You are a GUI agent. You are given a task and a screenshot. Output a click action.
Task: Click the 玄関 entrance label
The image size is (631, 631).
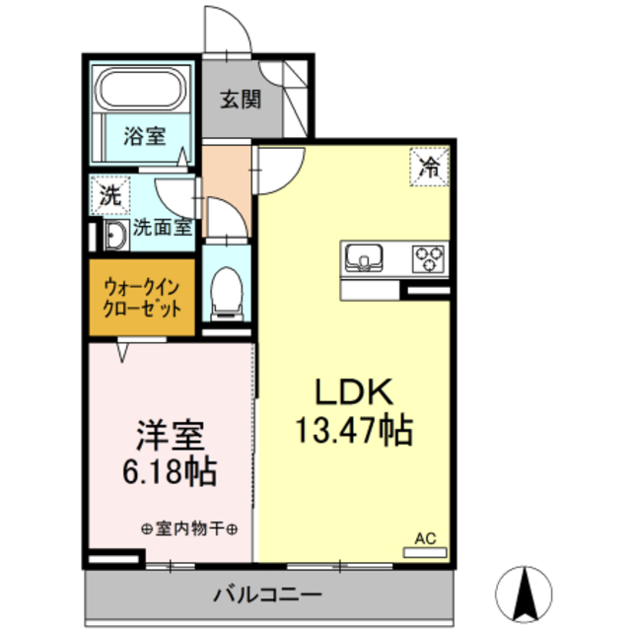tap(240, 99)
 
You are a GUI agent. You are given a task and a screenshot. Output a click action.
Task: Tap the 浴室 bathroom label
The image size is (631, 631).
tap(144, 137)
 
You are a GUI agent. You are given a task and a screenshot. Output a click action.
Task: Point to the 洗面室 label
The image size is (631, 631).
tap(162, 227)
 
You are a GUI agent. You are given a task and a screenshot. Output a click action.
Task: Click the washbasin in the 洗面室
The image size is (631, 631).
tap(113, 236)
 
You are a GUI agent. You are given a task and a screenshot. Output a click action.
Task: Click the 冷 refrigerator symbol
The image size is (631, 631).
tap(428, 166)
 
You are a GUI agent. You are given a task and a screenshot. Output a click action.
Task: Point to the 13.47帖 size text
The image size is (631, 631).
tap(354, 430)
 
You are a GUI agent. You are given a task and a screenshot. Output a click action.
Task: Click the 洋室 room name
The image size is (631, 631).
tap(170, 434)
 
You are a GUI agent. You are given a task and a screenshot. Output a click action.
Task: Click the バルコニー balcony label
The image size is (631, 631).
tap(266, 595)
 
